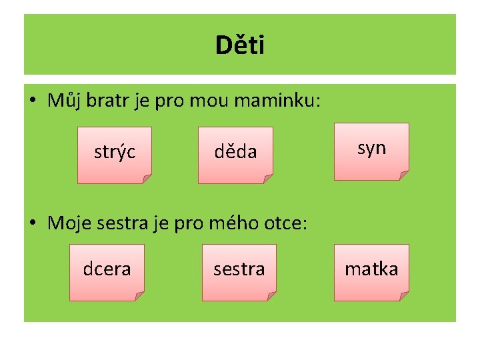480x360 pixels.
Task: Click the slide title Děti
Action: coord(240,45)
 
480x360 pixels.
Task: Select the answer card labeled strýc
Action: coord(115,153)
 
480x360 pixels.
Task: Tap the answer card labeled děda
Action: coord(235,153)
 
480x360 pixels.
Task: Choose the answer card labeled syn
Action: coord(371,149)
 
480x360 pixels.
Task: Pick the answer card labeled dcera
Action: coord(107,269)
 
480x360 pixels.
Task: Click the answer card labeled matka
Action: coord(371,269)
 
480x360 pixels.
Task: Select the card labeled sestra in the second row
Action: coord(239,269)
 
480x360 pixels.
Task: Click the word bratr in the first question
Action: coord(102,101)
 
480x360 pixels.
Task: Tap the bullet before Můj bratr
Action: coord(33,101)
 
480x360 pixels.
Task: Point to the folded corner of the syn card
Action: coord(403,175)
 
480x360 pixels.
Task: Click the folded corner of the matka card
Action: coord(403,296)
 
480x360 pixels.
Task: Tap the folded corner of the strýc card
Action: coord(147,179)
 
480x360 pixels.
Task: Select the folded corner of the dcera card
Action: coord(139,296)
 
